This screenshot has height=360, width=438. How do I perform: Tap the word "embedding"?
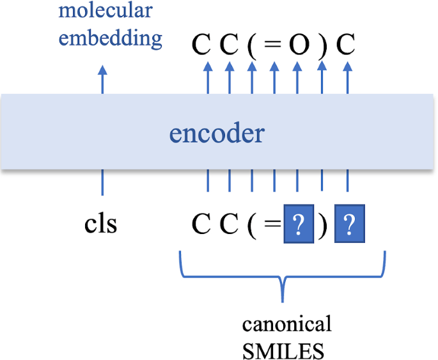click(x=110, y=38)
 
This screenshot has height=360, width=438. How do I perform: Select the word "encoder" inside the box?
click(x=216, y=134)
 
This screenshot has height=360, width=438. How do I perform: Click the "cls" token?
click(x=101, y=225)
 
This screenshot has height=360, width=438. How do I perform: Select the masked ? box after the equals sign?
click(x=299, y=225)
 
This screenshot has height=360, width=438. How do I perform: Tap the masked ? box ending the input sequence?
click(x=349, y=225)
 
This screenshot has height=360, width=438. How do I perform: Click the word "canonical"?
click(x=286, y=324)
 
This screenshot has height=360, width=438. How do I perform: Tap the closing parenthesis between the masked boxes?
click(x=324, y=226)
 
